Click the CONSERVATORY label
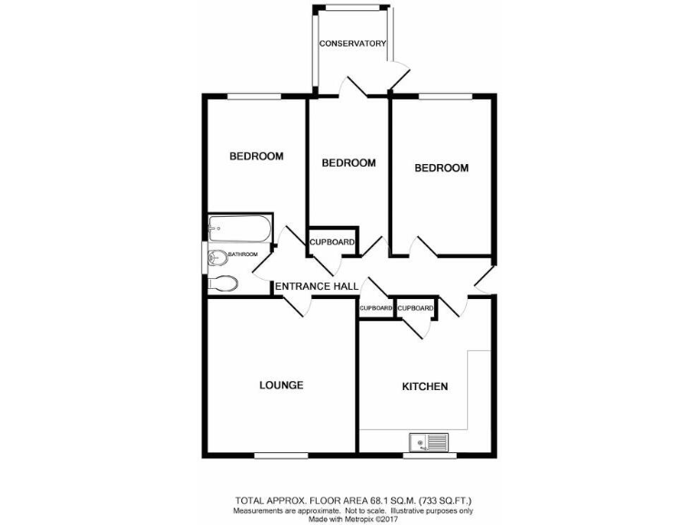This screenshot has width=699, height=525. [352, 44]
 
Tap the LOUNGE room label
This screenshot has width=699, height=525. [281, 385]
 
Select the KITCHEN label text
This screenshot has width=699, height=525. [425, 386]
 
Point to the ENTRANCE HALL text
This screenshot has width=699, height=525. [317, 287]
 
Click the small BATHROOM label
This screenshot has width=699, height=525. [243, 254]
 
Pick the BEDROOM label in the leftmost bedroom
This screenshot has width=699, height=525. [256, 156]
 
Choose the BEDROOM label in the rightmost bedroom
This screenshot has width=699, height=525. [441, 168]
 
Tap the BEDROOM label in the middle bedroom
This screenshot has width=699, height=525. [349, 163]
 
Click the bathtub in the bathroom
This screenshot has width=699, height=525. [238, 226]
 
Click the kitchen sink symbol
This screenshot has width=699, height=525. [429, 443]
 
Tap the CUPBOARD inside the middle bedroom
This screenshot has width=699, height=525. [332, 242]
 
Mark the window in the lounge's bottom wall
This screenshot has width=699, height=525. [280, 454]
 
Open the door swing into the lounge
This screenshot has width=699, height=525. [297, 308]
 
